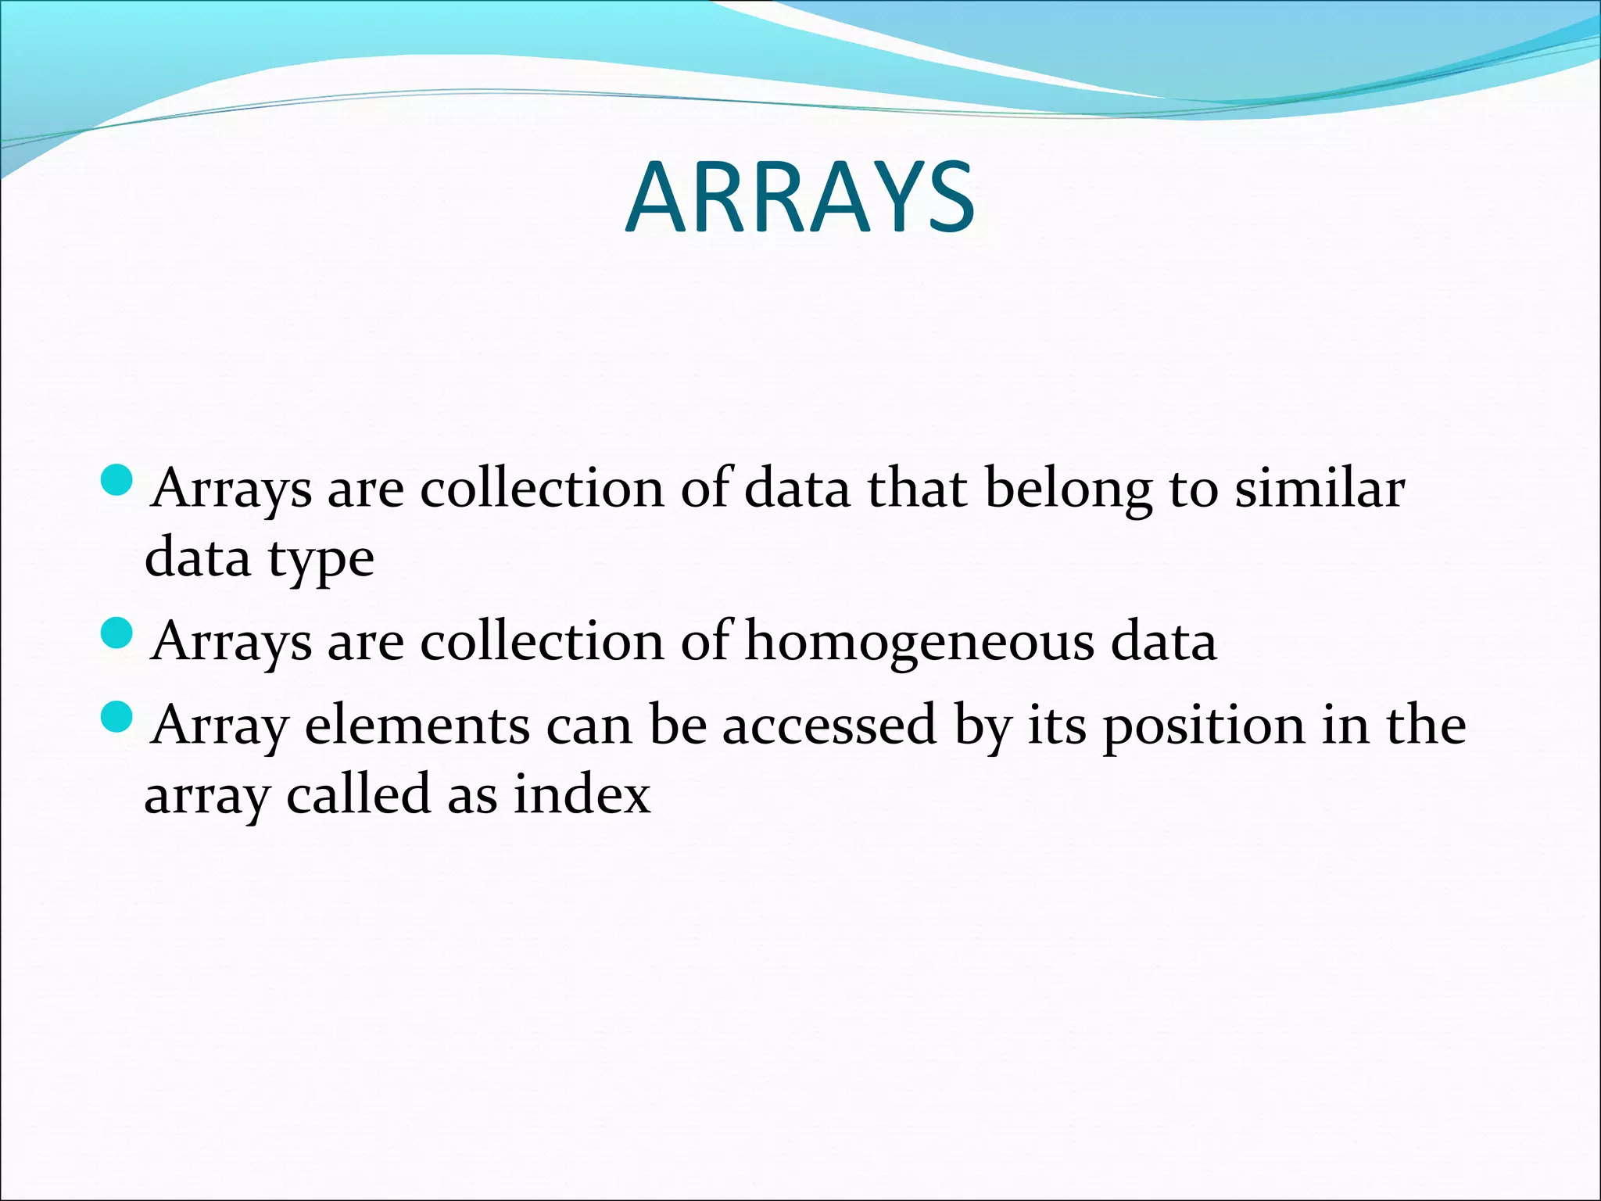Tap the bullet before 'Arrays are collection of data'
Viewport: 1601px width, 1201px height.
click(118, 479)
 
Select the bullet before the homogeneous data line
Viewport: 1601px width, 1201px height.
click(118, 633)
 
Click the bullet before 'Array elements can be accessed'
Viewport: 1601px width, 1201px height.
click(118, 716)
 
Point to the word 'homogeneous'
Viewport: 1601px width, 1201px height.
click(919, 643)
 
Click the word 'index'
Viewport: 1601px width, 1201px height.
click(582, 795)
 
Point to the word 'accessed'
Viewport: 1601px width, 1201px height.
click(829, 726)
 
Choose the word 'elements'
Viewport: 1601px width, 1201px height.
click(417, 726)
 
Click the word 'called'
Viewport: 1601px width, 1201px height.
click(359, 795)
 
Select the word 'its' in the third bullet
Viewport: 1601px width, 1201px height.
click(1056, 726)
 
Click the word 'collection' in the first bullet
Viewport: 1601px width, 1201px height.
click(542, 489)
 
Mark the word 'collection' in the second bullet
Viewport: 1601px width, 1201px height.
click(542, 642)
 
